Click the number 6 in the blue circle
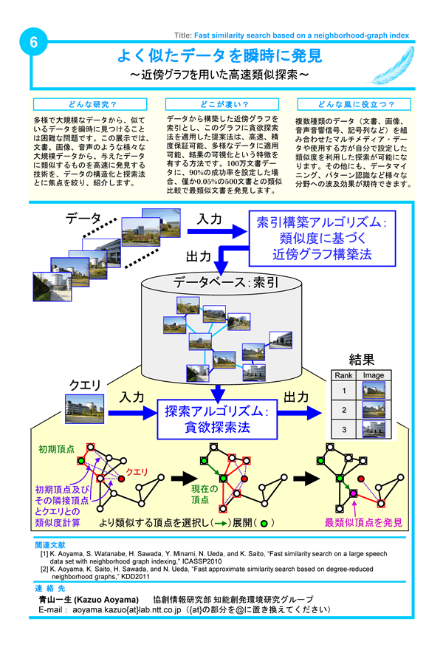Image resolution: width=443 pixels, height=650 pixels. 33,43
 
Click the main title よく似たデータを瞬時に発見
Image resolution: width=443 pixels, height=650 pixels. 220,55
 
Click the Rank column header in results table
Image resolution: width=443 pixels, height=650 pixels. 343,375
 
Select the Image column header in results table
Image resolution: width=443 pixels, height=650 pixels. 374,375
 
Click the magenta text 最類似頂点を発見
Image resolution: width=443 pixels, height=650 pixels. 365,523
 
